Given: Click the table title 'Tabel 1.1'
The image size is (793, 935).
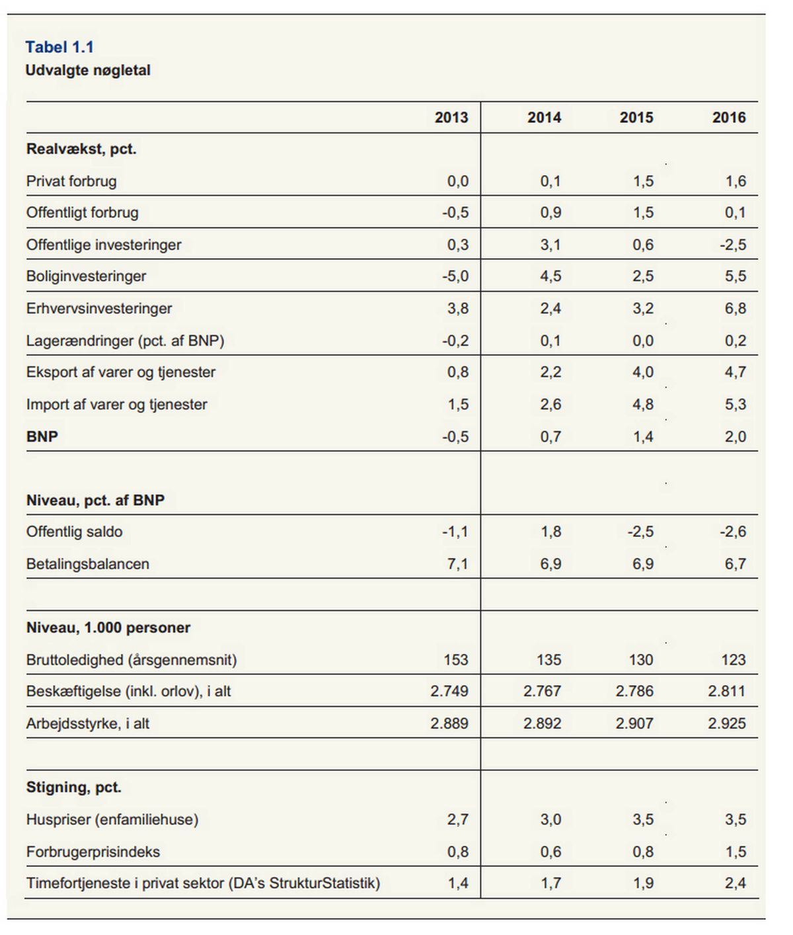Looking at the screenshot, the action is coord(59,47).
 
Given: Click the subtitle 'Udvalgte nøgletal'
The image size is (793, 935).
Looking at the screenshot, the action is coord(88,70).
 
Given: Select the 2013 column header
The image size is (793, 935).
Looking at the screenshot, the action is coord(451,118).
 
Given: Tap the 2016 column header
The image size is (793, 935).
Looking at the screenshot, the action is coord(729,118).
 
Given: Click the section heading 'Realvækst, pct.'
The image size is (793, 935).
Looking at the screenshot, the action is coord(81,149).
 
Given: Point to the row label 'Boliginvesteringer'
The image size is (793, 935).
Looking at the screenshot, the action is coord(87,276).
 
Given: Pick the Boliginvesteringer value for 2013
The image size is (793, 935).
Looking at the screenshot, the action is coord(455,276).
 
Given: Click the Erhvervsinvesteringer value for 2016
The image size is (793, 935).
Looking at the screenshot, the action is coord(736,309).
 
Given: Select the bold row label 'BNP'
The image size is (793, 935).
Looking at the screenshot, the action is coord(42,436).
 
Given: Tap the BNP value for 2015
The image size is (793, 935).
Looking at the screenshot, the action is coord(643,436).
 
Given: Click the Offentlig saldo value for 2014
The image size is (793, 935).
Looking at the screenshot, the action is coord(550,532).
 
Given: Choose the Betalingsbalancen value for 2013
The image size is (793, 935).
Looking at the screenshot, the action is coord(457,564).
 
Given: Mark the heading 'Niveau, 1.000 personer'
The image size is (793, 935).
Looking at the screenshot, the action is coord(108,628).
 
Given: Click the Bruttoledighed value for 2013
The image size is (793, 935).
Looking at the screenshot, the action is coord(456,659).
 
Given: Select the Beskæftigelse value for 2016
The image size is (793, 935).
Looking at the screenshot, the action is coord(726,691).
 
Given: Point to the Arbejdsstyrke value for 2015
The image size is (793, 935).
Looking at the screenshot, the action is coord(634,723).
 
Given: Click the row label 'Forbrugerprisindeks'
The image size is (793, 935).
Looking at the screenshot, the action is coord(93,852).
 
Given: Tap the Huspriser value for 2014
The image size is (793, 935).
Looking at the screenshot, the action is coord(550,819).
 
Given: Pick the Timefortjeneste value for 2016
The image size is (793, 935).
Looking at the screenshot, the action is coord(736,883).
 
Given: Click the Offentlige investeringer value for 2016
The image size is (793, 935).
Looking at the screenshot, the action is coord(733,245).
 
